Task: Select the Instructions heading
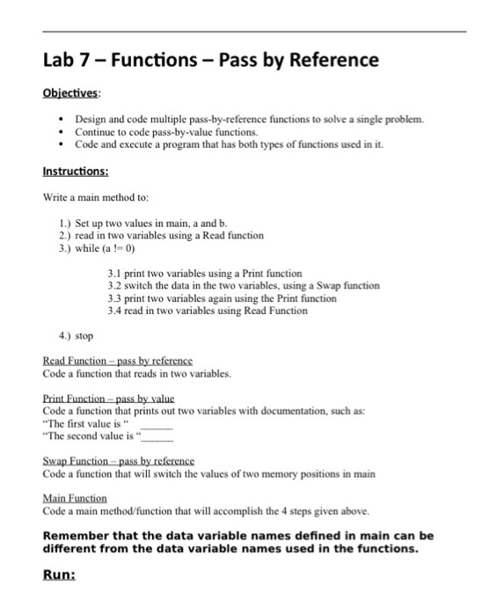pyautogui.click(x=77, y=172)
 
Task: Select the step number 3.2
pyautogui.click(x=114, y=286)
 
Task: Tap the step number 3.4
pyautogui.click(x=114, y=311)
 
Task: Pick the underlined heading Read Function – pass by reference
pyautogui.click(x=117, y=362)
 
